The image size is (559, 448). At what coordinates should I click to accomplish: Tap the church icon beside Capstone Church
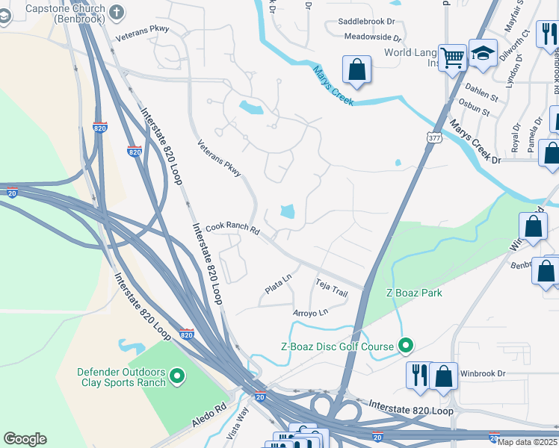(116, 11)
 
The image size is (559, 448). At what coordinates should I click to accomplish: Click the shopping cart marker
(452, 57)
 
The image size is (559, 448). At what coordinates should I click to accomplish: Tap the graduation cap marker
(483, 53)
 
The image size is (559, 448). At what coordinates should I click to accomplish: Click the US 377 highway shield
(434, 137)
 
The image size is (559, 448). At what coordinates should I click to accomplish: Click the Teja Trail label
(332, 288)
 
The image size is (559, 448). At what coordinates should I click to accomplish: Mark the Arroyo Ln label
(310, 312)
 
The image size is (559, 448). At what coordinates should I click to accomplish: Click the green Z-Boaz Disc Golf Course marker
(406, 345)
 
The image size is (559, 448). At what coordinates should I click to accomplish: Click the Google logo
(25, 439)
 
